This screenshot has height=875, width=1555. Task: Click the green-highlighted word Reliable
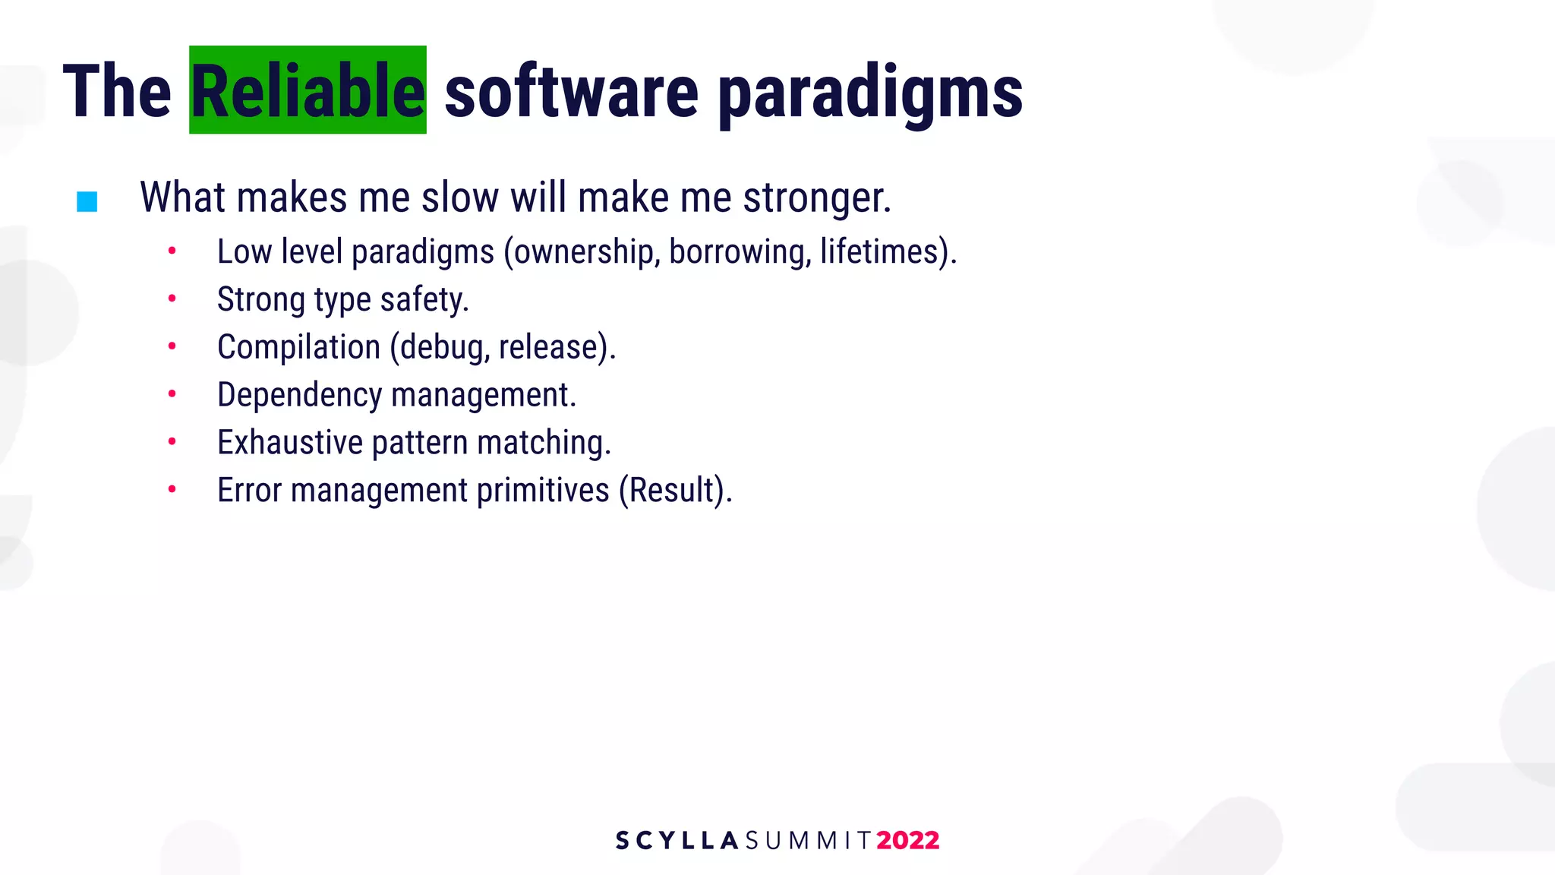[x=308, y=91]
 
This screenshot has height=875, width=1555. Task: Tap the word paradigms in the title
[x=870, y=93]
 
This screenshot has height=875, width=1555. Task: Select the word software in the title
[x=571, y=93]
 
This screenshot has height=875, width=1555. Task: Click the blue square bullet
[x=87, y=201]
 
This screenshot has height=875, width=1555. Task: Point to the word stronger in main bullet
[x=816, y=198]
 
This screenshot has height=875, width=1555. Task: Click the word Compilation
[x=298, y=347]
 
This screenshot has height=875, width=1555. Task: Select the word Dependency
[x=299, y=396]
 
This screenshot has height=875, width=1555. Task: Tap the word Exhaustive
[x=290, y=443]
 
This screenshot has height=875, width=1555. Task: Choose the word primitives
[x=543, y=491]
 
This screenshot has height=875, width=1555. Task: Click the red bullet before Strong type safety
[x=172, y=299]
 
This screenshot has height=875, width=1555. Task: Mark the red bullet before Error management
[x=172, y=489]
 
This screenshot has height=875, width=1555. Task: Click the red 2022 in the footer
[x=907, y=841]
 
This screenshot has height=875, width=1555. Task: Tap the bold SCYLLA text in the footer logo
[x=677, y=841]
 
